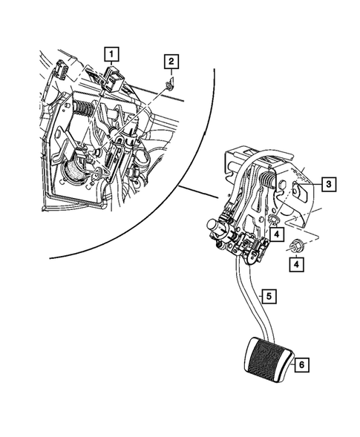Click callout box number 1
(x=111, y=54)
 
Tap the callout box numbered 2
(x=171, y=62)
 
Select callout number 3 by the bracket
(x=329, y=184)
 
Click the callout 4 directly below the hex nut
(x=296, y=264)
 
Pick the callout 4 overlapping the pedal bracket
(x=276, y=234)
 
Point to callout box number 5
(x=269, y=297)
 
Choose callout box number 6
(x=302, y=364)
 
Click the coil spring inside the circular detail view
(x=84, y=108)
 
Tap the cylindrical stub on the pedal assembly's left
(x=215, y=226)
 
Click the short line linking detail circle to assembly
(x=199, y=192)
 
